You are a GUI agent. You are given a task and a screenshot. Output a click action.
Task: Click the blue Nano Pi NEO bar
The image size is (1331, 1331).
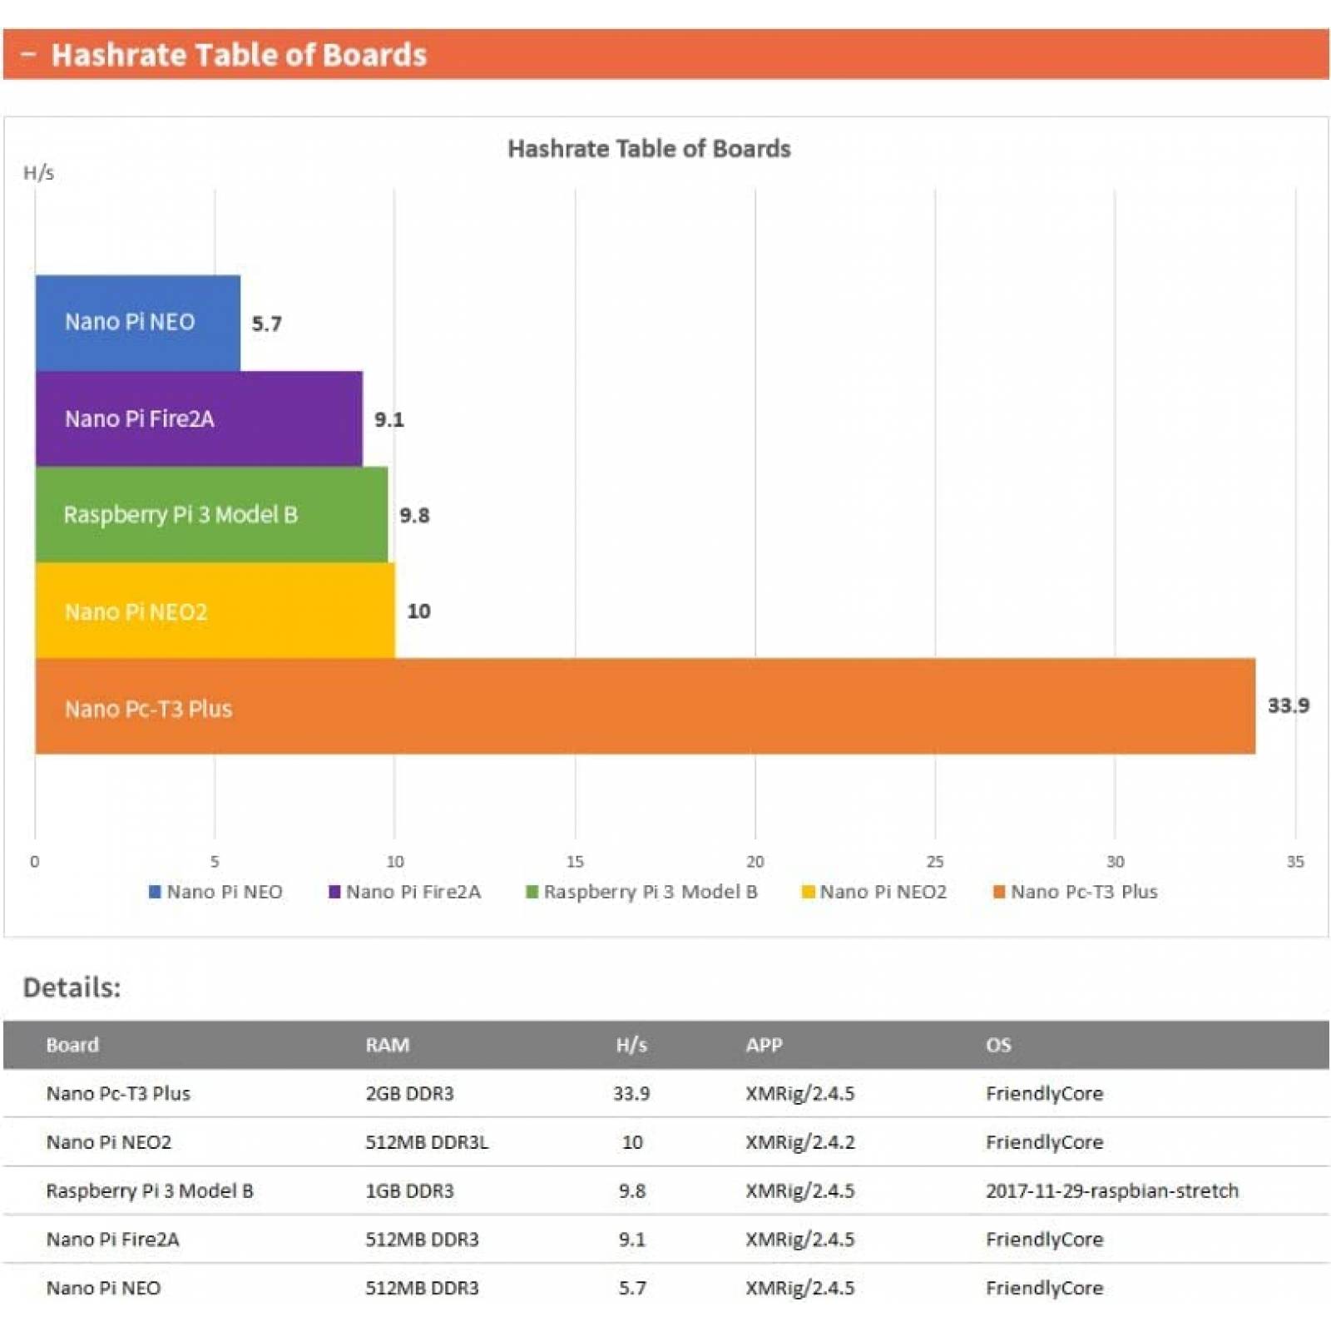[x=137, y=323]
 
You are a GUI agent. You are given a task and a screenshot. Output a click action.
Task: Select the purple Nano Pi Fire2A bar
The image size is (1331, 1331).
[x=198, y=418]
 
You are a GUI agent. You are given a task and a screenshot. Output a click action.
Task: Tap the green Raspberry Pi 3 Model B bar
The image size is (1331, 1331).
[x=211, y=514]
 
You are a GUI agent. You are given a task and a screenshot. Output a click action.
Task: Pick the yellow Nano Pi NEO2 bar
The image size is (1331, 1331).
[x=215, y=611]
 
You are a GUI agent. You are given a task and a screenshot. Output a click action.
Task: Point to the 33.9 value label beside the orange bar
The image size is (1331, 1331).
[x=1288, y=705]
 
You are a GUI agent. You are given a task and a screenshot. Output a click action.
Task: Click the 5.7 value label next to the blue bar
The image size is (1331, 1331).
[x=266, y=323]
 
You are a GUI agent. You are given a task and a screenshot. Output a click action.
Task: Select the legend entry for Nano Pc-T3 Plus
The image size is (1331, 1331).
[x=1075, y=892]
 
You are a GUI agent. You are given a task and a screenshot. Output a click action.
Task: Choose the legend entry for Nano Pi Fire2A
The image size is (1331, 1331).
[x=405, y=892]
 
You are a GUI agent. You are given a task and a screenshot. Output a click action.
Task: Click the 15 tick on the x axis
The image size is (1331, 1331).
[x=575, y=862]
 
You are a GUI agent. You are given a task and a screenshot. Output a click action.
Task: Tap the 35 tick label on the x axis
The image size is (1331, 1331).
[x=1294, y=862]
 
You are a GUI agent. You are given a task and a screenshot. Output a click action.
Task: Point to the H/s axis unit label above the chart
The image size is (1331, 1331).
[x=38, y=173]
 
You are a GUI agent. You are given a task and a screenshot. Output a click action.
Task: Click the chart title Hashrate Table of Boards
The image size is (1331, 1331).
[x=649, y=149]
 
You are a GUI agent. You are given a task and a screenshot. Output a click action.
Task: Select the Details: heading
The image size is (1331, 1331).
[x=72, y=987]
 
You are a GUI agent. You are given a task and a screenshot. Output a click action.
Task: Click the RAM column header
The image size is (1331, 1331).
[x=387, y=1045]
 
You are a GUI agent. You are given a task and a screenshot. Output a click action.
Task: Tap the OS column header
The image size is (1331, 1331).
[x=998, y=1045]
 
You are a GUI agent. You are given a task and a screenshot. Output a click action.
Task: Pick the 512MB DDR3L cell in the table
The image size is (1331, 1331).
[x=427, y=1142]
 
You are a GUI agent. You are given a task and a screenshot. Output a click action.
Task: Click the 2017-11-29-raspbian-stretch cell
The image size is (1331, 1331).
[x=1111, y=1190]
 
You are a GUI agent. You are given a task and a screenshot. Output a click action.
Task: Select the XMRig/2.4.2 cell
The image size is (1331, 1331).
[x=799, y=1142]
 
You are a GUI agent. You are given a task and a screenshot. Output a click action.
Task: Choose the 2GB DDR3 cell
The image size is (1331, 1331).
[x=409, y=1093]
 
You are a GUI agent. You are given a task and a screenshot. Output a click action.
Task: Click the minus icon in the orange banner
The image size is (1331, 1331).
[x=28, y=55]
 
